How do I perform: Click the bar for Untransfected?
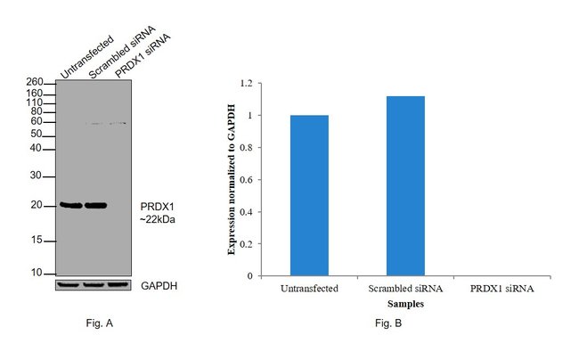[x=309, y=195]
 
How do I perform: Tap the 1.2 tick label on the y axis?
[x=246, y=84]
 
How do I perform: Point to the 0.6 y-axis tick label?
[x=246, y=180]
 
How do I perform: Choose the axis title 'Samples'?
[x=405, y=303]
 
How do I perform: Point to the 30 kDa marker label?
[x=37, y=176]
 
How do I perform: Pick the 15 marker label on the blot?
[x=37, y=241]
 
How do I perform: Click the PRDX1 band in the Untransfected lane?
[x=70, y=205]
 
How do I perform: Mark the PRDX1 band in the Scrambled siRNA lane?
[x=95, y=205]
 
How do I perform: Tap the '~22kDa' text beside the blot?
[x=158, y=217]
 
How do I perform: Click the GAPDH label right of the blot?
[x=160, y=285]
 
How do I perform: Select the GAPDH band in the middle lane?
[x=94, y=285]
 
